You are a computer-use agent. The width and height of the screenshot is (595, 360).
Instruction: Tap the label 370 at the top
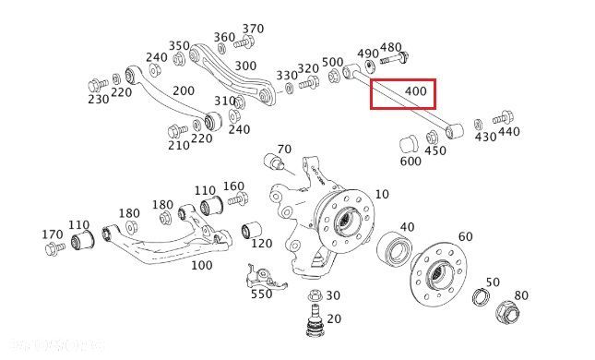point(253,29)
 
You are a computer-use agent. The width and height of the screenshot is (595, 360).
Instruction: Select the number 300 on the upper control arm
point(245,66)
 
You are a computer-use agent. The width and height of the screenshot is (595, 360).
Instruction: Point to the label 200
point(184,90)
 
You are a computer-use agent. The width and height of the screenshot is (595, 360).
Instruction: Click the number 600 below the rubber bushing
point(411,161)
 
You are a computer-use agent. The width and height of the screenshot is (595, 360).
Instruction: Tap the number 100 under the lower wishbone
point(200,265)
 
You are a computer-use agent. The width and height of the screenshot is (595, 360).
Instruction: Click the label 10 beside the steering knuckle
point(382,194)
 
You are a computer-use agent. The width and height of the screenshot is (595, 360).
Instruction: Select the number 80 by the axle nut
point(521,295)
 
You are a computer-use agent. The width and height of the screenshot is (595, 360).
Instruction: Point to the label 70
point(283,149)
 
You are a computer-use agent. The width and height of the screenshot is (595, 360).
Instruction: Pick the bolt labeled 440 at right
point(502,118)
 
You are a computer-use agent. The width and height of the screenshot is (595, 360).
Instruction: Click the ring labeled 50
point(480,297)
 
